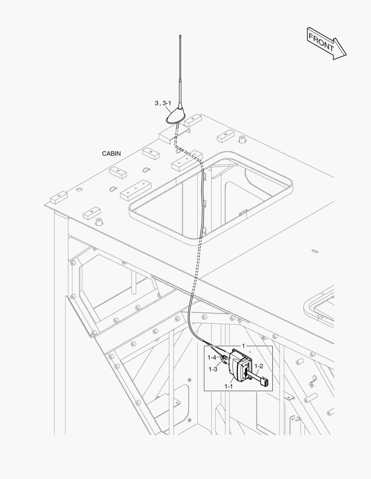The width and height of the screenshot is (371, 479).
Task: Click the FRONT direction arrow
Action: (x=326, y=43)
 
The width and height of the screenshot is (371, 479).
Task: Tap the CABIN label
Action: (x=111, y=154)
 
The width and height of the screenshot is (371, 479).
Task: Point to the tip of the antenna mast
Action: (x=180, y=37)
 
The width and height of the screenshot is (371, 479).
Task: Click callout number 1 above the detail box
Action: (x=243, y=346)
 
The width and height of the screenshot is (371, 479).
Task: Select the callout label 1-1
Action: (x=229, y=386)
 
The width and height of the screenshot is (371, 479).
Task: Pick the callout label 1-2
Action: (x=259, y=366)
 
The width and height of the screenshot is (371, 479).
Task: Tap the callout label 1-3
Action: (x=213, y=369)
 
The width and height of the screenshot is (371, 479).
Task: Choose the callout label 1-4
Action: (x=212, y=357)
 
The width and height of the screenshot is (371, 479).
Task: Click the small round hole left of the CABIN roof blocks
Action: (x=79, y=189)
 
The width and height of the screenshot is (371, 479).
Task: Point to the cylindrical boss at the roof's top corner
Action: (x=242, y=139)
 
